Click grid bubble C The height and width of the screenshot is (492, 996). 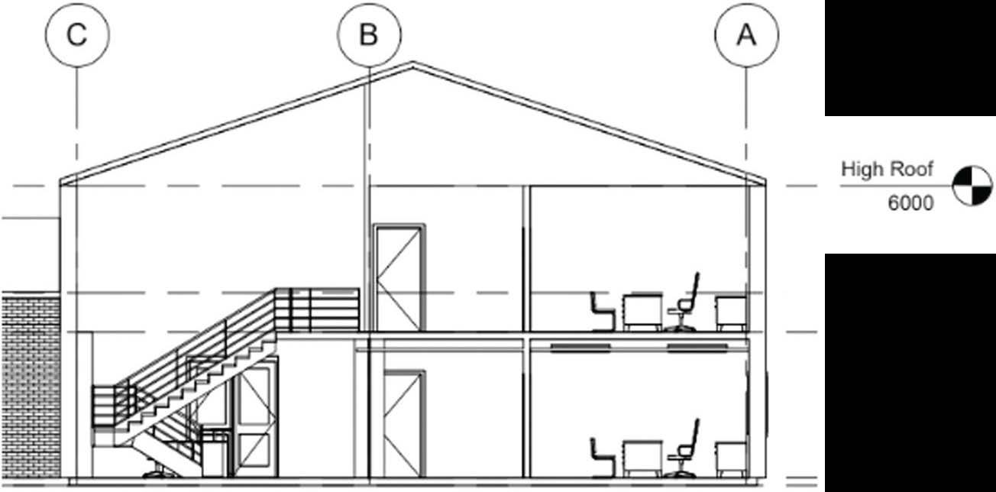tap(77, 35)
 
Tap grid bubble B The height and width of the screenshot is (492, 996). tap(370, 35)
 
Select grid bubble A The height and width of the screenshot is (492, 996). tap(746, 35)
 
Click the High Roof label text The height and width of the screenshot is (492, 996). tap(887, 169)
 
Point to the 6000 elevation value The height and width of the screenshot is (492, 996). tap(910, 203)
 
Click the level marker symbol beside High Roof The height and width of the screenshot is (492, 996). tap(972, 186)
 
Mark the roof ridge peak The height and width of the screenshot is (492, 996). tap(413, 63)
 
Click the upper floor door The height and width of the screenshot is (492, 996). tap(399, 277)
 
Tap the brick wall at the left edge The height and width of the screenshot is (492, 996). tap(31, 382)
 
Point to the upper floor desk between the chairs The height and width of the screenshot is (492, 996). tap(642, 312)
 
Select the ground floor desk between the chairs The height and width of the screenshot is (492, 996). tap(642, 457)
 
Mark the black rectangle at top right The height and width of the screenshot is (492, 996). tap(910, 57)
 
